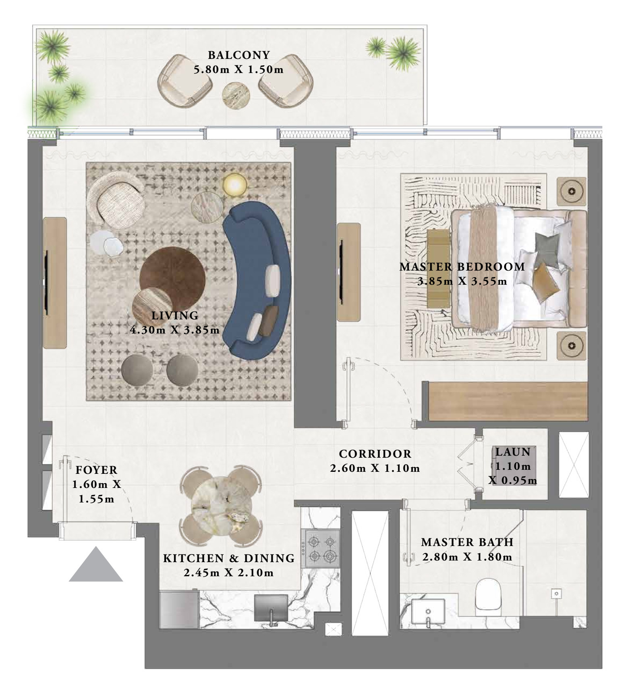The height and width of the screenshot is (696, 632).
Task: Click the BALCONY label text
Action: tap(238, 55)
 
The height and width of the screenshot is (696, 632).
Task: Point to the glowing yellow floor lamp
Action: tap(235, 185)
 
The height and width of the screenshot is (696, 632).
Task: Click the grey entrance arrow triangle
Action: tap(96, 564)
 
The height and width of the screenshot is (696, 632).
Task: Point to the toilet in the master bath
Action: tap(488, 596)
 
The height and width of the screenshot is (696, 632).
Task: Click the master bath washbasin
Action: tap(428, 612)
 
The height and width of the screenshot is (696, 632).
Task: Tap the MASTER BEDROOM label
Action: tap(462, 267)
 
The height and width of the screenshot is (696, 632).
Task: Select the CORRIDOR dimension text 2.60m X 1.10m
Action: tap(375, 468)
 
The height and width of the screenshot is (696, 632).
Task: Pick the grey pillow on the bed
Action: tap(547, 248)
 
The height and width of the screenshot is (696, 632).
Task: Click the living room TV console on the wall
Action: tap(55, 283)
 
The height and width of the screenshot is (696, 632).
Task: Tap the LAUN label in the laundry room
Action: tap(513, 452)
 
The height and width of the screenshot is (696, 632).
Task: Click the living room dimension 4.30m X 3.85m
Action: tap(175, 330)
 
